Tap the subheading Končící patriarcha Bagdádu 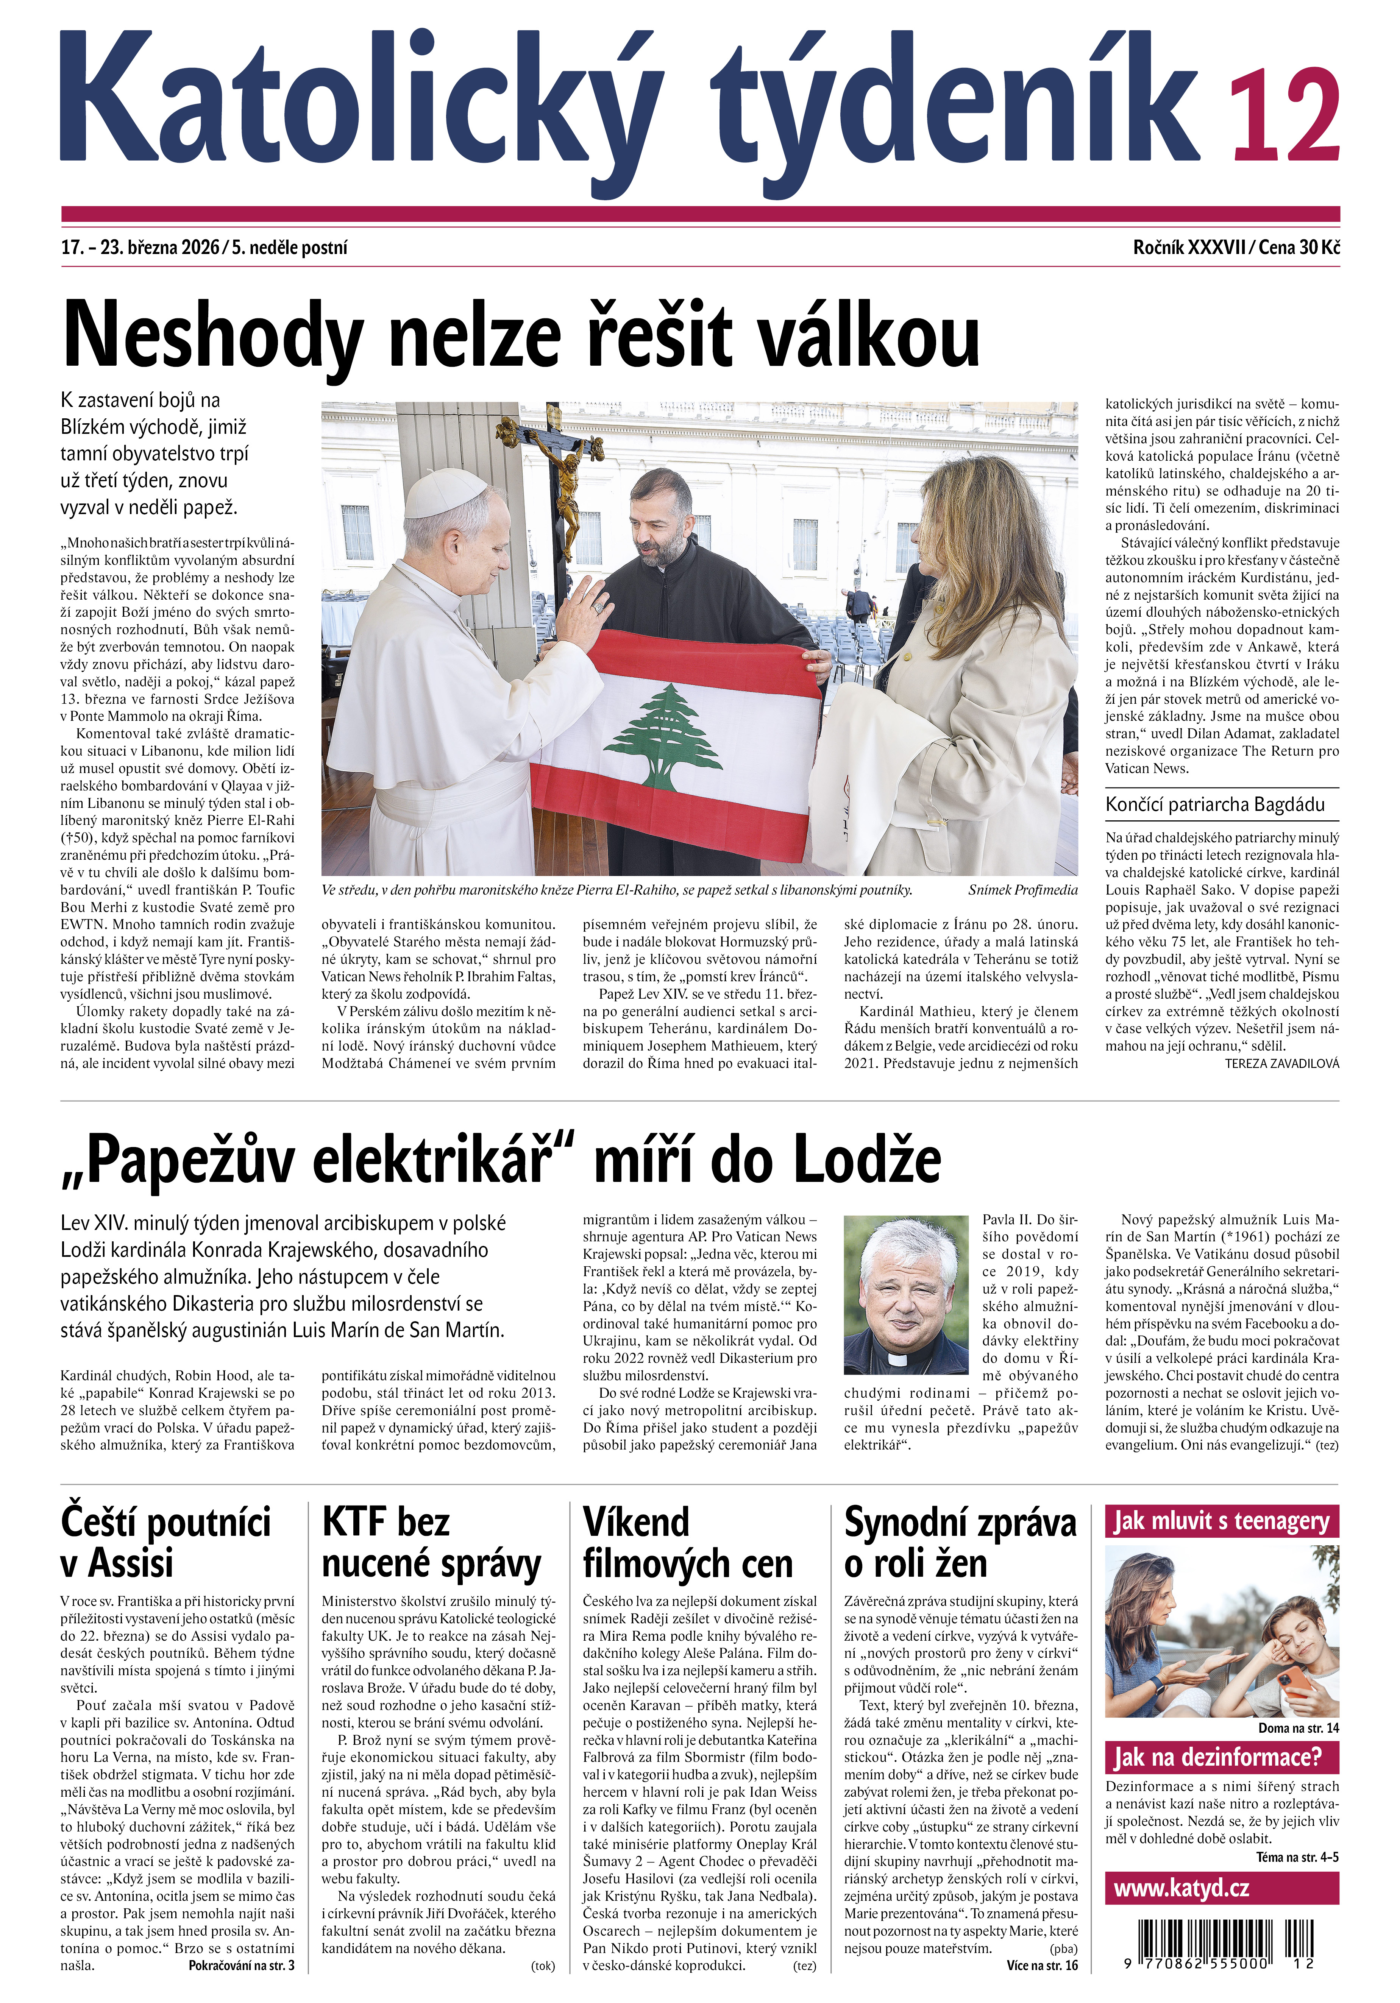click(1215, 804)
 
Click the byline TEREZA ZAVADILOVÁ click(1281, 1063)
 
